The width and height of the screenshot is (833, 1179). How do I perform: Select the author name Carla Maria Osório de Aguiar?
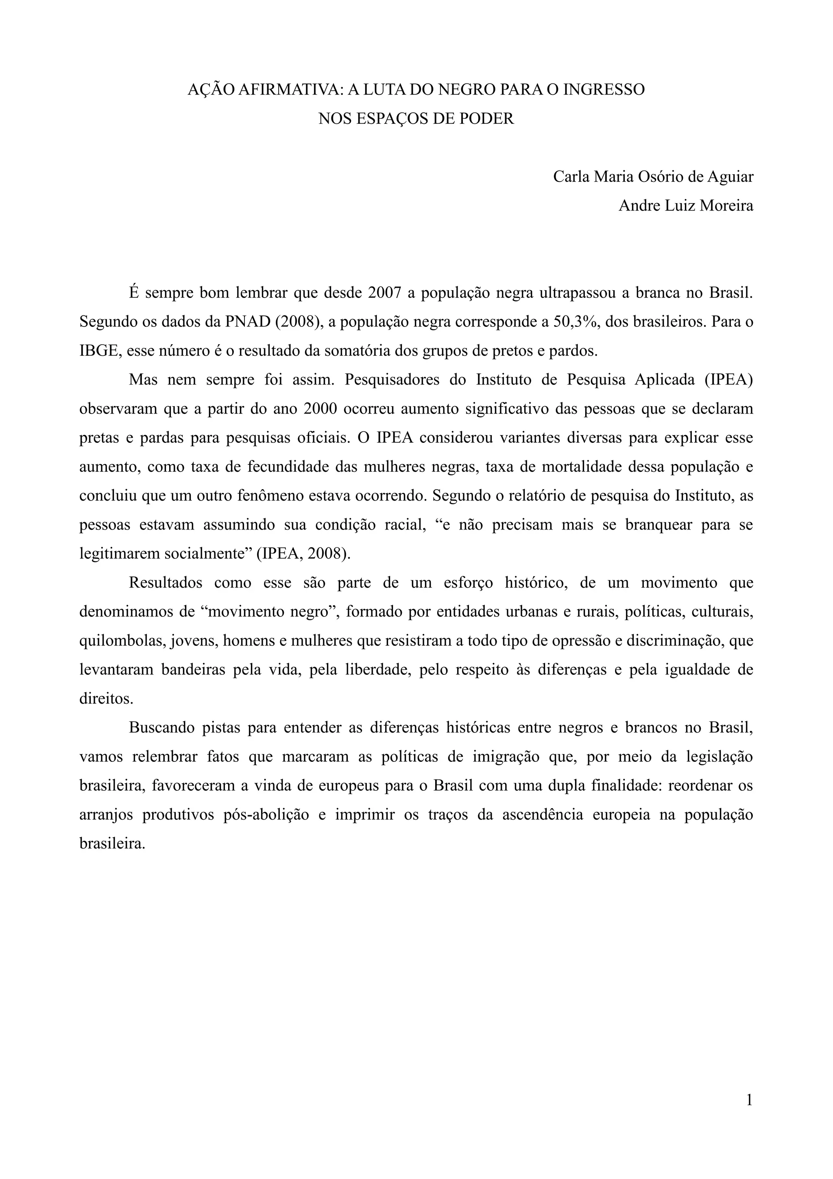(653, 177)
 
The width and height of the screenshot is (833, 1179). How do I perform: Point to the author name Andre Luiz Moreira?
(686, 206)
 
